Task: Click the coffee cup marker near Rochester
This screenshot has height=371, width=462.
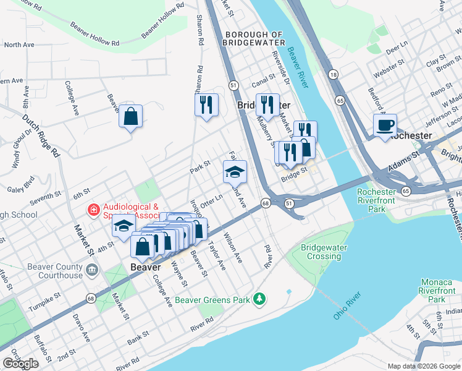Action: (x=385, y=126)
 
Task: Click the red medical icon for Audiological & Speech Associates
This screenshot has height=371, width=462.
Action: (x=93, y=211)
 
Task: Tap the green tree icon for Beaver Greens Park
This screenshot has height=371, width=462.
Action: (x=260, y=300)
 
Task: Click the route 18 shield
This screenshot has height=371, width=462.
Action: (x=334, y=74)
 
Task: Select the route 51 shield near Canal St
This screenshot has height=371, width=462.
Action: (x=233, y=84)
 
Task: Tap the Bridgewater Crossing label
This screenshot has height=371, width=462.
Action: (x=324, y=252)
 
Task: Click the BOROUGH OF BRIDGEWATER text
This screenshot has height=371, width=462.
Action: (x=254, y=38)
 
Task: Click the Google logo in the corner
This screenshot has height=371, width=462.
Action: (x=21, y=364)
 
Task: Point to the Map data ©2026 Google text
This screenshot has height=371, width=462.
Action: (x=423, y=366)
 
